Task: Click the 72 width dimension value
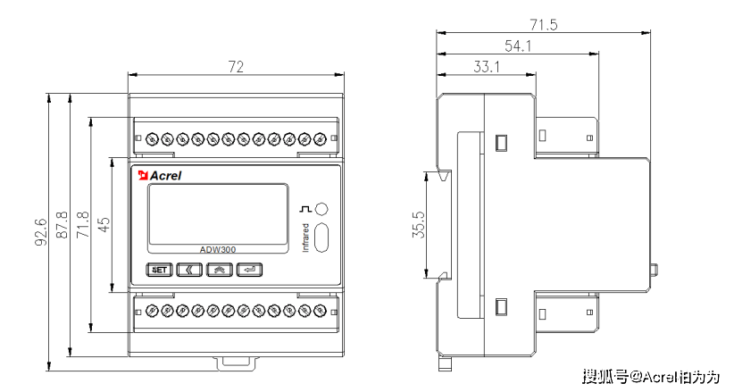coord(236,67)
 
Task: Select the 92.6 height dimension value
coord(41,230)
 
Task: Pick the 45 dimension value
coord(104,224)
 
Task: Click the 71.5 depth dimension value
coord(542,25)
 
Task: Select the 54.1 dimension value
coord(517,46)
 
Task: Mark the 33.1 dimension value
coord(486,66)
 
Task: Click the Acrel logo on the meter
coord(160,175)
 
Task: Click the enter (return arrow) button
coord(250,269)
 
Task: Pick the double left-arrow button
coord(189,269)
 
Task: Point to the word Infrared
coord(305,237)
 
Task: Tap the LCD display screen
coord(217,215)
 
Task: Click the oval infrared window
coord(322,238)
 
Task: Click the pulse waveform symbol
coord(306,209)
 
